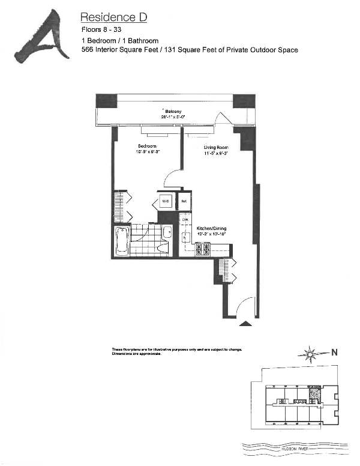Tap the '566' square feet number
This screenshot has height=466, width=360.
click(x=88, y=50)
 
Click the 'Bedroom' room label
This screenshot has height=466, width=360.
click(x=147, y=146)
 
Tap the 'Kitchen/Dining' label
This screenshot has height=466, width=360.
click(x=210, y=229)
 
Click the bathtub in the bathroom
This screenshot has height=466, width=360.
click(x=122, y=241)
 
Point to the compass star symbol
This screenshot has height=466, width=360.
click(x=310, y=354)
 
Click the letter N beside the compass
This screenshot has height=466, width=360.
click(x=334, y=353)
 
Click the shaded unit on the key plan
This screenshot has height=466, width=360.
click(x=314, y=393)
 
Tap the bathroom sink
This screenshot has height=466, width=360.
click(x=166, y=231)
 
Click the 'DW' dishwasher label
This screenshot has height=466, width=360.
click(x=185, y=220)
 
